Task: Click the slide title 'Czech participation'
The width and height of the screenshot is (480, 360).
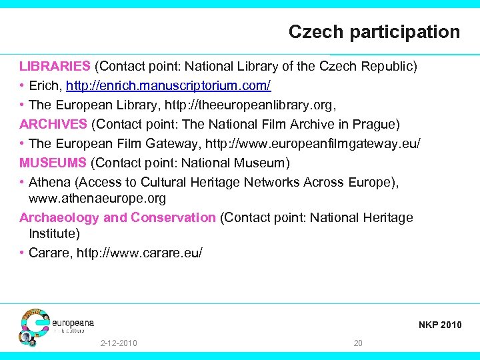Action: (x=374, y=31)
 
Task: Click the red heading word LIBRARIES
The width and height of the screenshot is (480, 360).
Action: (x=55, y=66)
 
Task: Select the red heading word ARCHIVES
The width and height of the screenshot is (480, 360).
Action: (x=53, y=124)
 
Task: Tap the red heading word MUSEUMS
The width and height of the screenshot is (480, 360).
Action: (x=53, y=163)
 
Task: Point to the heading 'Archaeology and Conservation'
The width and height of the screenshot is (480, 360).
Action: (x=117, y=217)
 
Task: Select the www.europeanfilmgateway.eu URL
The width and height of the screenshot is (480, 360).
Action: (x=313, y=143)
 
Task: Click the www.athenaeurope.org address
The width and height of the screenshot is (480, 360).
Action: (x=97, y=198)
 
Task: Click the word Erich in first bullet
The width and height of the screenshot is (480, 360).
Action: (x=43, y=86)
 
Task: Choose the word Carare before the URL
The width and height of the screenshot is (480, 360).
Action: (x=50, y=253)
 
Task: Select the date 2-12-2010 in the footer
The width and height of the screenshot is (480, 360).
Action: (x=119, y=343)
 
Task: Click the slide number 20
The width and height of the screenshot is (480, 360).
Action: (x=358, y=343)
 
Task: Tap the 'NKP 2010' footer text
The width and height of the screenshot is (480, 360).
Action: (x=439, y=325)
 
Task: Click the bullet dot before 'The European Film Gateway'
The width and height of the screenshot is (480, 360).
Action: (x=22, y=143)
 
